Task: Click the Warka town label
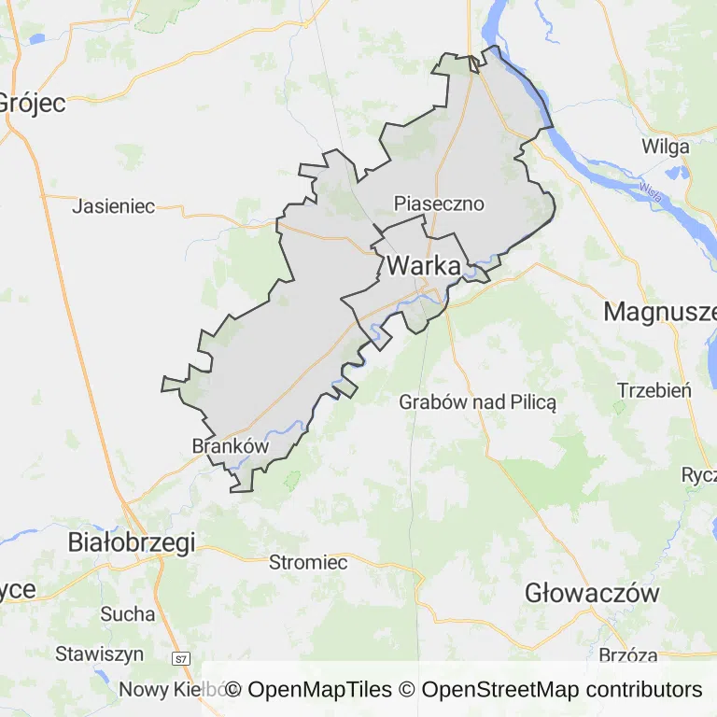(423, 266)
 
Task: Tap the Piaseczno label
(439, 204)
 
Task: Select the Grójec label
(33, 102)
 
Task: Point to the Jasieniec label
(113, 206)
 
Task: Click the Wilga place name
(666, 147)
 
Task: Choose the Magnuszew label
(659, 312)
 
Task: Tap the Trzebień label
(654, 389)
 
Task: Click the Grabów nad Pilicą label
(477, 402)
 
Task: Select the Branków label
(230, 446)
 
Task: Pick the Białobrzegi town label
(132, 543)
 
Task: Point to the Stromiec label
(308, 562)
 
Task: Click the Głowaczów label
(592, 593)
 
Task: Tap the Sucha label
(128, 613)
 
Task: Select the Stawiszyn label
(98, 654)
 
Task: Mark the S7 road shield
(181, 659)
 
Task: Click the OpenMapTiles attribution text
(309, 690)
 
